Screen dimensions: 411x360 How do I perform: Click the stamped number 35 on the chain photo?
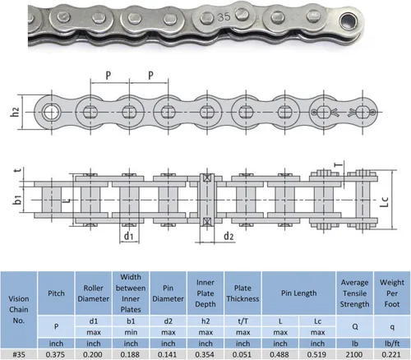click(224, 17)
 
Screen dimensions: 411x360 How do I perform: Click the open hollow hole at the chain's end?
click(348, 21)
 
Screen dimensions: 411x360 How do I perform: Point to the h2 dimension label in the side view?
click(15, 112)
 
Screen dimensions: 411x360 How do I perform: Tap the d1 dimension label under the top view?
click(128, 236)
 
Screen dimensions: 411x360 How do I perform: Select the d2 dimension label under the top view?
click(229, 236)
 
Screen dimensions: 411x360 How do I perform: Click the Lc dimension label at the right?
click(385, 201)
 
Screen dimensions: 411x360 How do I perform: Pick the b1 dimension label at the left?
click(17, 199)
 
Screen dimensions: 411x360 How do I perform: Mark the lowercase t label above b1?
click(18, 170)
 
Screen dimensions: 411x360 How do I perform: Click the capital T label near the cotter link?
click(339, 164)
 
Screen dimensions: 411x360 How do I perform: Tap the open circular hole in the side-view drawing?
click(50, 113)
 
